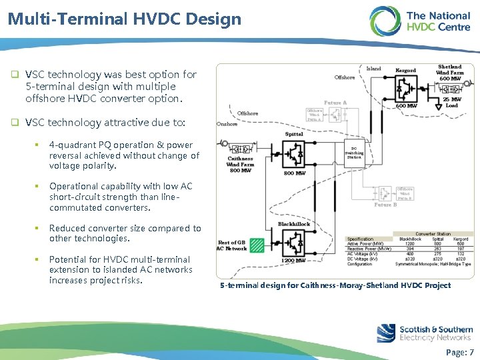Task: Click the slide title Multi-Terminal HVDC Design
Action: coord(125,19)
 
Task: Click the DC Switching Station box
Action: coord(354,152)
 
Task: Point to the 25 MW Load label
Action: coord(451,102)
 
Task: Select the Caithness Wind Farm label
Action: coord(240,164)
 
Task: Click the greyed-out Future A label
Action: coord(335,103)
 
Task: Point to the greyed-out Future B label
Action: coord(385,205)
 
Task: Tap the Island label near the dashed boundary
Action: coord(374,68)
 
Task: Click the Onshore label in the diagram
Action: coord(228,123)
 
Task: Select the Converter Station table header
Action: coord(433,234)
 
